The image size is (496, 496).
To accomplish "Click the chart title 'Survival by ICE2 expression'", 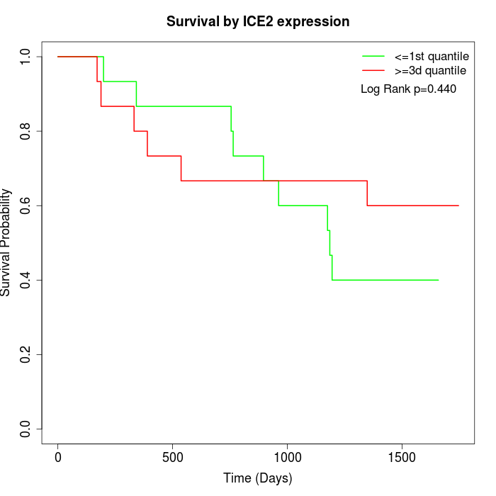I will [258, 22].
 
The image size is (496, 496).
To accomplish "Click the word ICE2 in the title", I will [258, 22].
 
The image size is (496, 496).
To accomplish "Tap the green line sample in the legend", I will [373, 56].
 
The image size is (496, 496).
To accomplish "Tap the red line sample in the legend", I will [373, 71].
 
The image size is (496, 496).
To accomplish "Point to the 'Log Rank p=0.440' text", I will [408, 89].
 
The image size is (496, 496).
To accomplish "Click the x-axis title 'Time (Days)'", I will [258, 479].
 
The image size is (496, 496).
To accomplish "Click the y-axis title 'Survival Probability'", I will [6, 242].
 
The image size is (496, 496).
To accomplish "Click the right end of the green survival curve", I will [438, 280].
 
